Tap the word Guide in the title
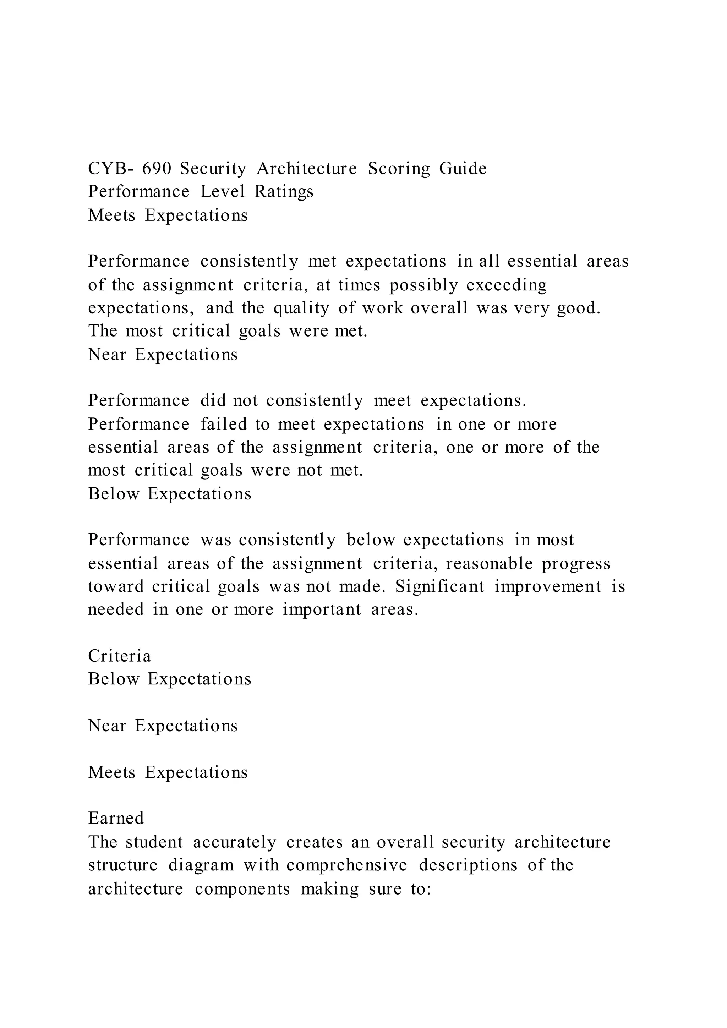(x=463, y=169)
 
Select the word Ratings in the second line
(x=284, y=192)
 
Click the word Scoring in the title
(x=399, y=169)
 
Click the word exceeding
(x=507, y=285)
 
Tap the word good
(x=578, y=308)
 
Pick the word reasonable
(x=489, y=564)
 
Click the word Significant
(x=440, y=586)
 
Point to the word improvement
(x=548, y=586)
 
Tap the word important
(x=322, y=610)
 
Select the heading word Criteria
(x=120, y=656)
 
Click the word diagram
(x=201, y=865)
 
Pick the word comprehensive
(x=347, y=865)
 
